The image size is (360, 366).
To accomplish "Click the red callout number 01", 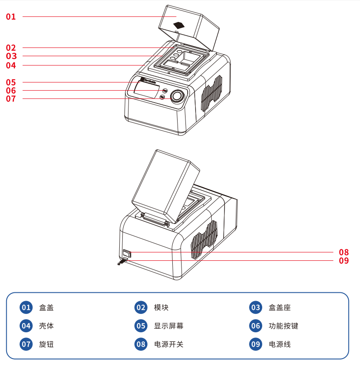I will click(x=11, y=17).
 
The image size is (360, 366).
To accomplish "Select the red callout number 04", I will click(x=11, y=65).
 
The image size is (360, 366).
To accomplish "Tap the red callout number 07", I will click(x=11, y=99).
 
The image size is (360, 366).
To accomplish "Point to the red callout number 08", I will click(x=344, y=252).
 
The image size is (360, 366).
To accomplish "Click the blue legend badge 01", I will click(x=26, y=307).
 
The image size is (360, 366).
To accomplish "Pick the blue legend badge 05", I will click(x=141, y=326).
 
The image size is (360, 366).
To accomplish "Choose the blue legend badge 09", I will click(x=256, y=344).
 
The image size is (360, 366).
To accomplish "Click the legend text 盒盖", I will click(x=46, y=308).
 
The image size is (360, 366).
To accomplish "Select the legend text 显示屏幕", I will click(x=169, y=326).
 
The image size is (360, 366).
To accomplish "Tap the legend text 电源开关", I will click(x=169, y=345).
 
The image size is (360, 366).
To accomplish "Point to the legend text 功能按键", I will click(x=283, y=326).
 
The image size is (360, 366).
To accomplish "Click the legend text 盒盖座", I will click(x=280, y=308).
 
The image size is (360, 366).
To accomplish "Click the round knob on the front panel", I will click(x=177, y=96).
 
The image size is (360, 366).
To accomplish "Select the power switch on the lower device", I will click(x=127, y=253).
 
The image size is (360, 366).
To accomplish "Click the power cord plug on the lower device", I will click(x=121, y=262).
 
